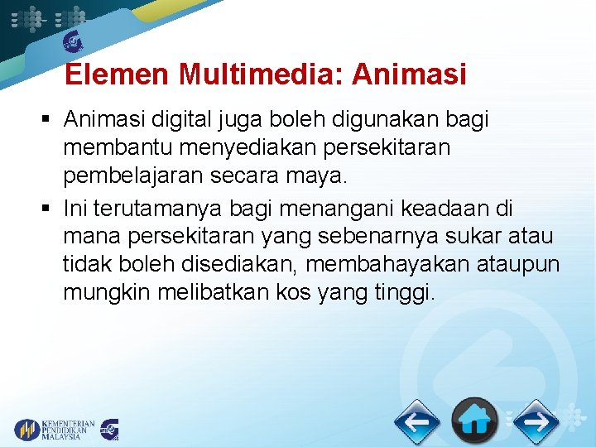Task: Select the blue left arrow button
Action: pos(416,422)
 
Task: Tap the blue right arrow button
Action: pos(536,422)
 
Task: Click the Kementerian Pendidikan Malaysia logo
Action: pos(55,430)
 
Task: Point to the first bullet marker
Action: pos(47,121)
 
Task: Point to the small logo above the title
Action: pos(74,41)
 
